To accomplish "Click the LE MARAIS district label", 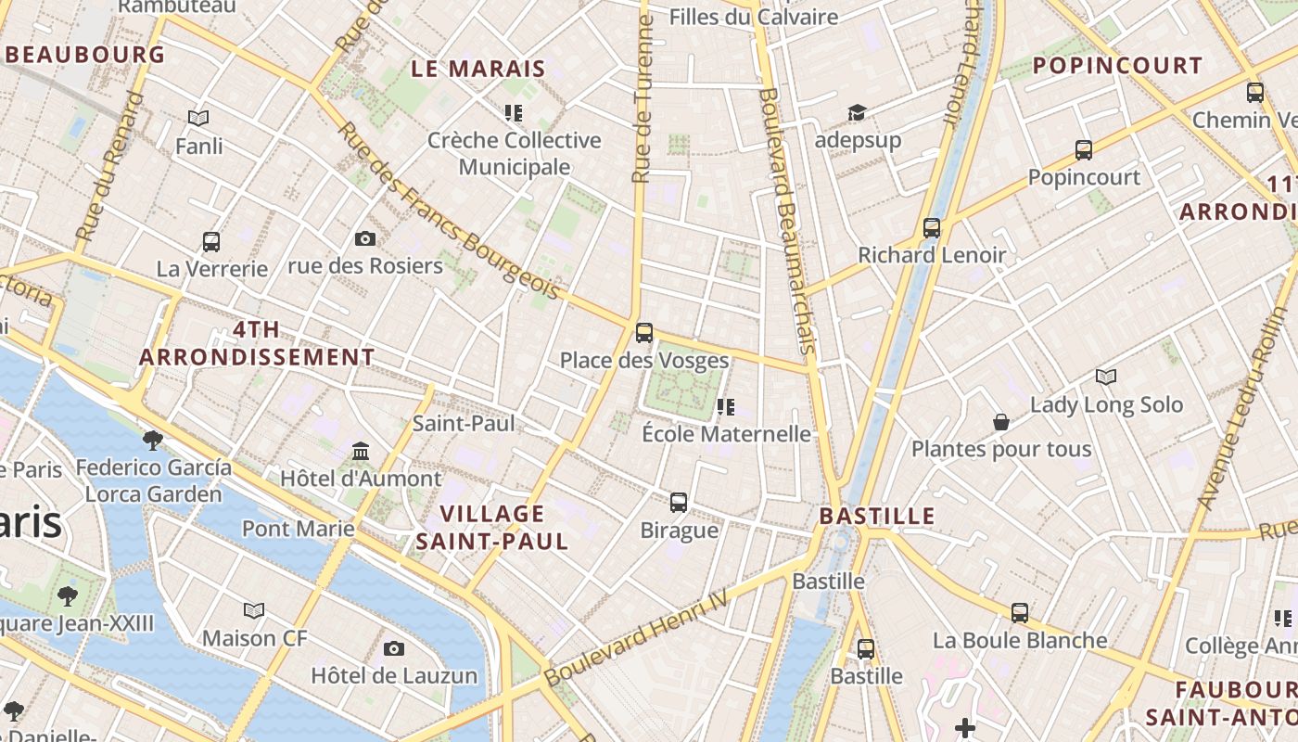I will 478,69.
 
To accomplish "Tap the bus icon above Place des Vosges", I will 644,332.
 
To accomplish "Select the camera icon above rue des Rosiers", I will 365,239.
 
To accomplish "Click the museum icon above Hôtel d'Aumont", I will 361,452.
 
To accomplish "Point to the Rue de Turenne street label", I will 642,97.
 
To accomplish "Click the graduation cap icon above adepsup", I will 857,112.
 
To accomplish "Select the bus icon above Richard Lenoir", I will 932,227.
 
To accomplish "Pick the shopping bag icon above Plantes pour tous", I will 1001,422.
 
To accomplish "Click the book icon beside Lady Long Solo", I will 1106,377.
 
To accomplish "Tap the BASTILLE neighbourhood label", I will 877,516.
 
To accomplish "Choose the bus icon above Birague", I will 679,503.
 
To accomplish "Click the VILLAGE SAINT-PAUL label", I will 491,528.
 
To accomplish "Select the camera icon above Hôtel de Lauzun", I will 394,648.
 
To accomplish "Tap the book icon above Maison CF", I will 254,610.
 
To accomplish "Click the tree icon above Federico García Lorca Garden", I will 153,440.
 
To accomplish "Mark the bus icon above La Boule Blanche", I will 1020,612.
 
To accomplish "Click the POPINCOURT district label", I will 1117,66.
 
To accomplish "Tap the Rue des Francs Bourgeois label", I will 450,211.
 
